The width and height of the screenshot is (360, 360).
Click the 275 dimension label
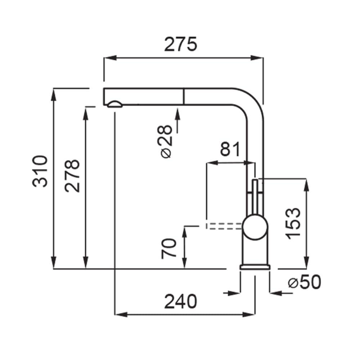pyautogui.click(x=180, y=44)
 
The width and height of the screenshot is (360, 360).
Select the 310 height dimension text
pyautogui.click(x=40, y=171)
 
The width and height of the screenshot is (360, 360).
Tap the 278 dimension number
pyautogui.click(x=72, y=176)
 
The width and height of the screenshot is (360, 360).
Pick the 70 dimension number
pyautogui.click(x=169, y=249)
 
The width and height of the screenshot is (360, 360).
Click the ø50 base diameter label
pyautogui.click(x=305, y=282)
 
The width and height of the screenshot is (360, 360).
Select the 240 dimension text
pyautogui.click(x=181, y=301)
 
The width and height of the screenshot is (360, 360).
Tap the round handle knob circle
pyautogui.click(x=255, y=227)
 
